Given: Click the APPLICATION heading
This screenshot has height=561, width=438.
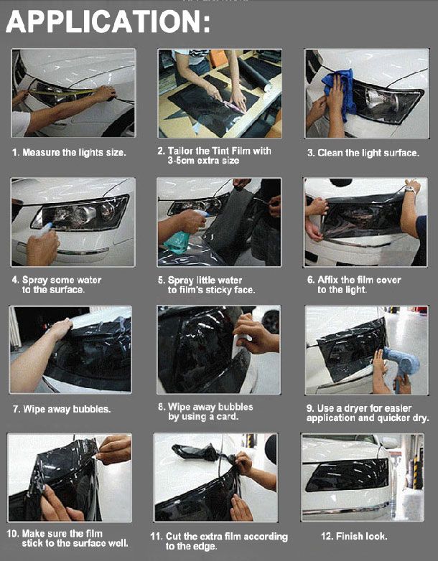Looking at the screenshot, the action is tap(108, 22).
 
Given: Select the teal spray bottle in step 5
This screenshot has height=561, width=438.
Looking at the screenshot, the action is tap(179, 238).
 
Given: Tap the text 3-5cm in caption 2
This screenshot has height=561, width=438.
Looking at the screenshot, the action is tap(181, 161).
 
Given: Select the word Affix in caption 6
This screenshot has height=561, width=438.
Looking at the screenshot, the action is tap(327, 280).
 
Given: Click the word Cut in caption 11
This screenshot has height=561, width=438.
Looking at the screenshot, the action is tap(173, 537).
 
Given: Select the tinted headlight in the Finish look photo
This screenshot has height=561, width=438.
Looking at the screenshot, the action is tap(347, 474).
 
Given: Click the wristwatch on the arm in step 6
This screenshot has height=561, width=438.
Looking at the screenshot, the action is tap(411, 190).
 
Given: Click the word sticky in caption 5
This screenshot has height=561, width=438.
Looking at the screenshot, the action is tap(219, 289).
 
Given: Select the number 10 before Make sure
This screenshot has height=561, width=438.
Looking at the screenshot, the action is tap(12, 534).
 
